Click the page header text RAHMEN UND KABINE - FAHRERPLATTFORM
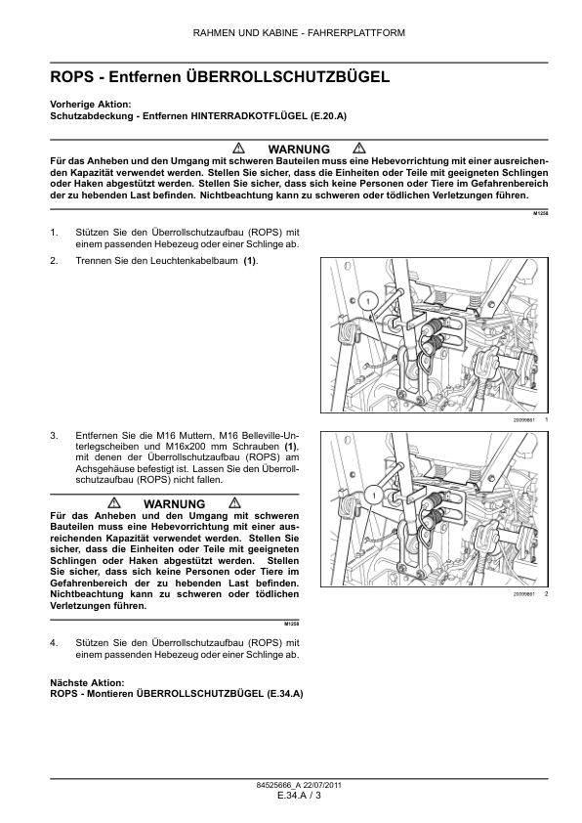click(299, 33)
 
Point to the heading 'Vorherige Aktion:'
click(90, 105)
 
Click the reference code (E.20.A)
click(328, 116)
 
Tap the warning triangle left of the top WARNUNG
click(238, 148)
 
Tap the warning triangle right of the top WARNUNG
click(359, 148)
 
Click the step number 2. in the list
click(55, 260)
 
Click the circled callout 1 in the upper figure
click(368, 301)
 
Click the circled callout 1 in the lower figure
click(374, 495)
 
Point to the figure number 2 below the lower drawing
click(546, 593)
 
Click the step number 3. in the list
click(55, 435)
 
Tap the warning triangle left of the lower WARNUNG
click(114, 502)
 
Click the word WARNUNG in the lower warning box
click(174, 504)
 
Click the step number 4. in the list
click(55, 643)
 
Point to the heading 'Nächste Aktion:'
click(87, 683)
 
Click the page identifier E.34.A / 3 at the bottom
click(300, 796)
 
